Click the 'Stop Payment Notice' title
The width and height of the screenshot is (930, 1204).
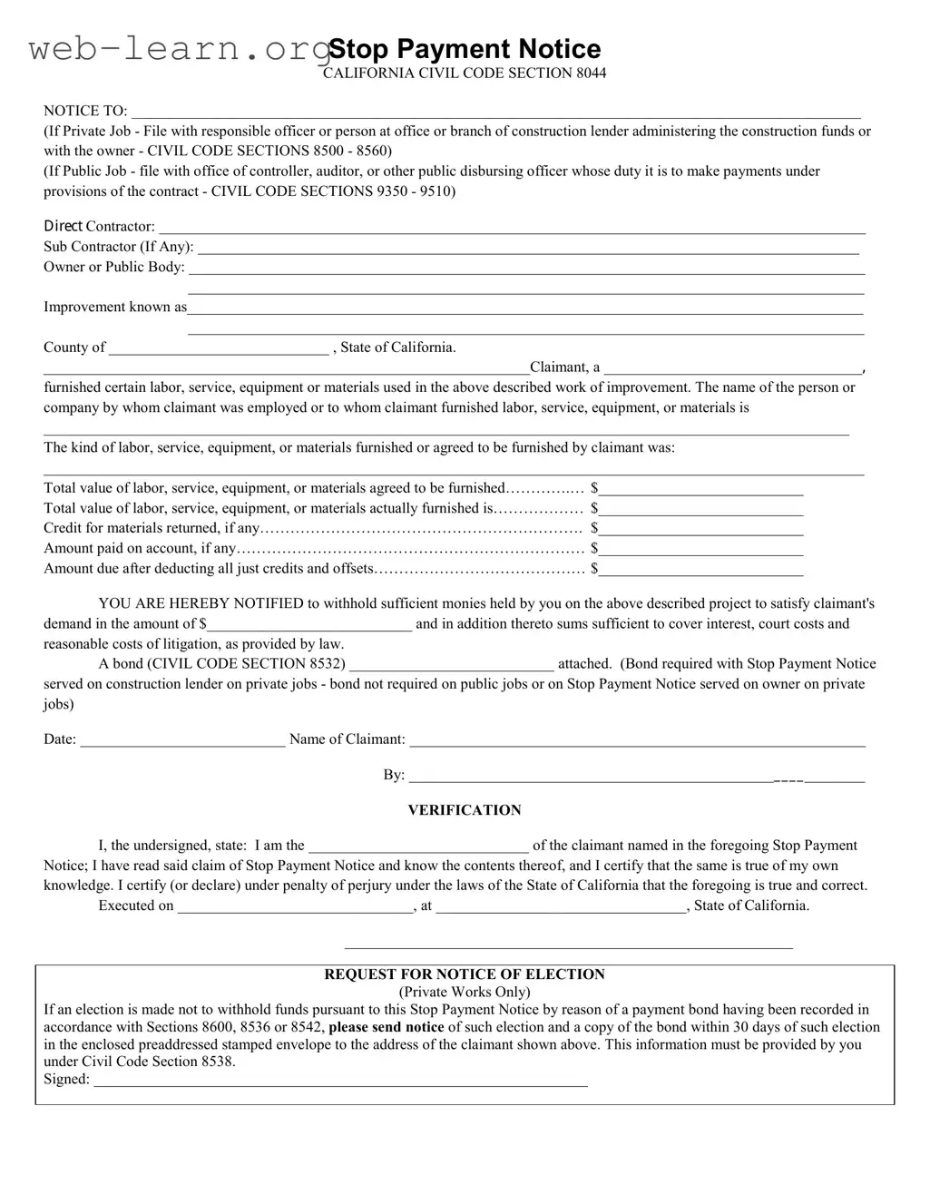tap(464, 49)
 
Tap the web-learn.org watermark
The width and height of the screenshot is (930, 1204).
tap(177, 49)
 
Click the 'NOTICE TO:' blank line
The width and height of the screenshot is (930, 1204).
tap(495, 113)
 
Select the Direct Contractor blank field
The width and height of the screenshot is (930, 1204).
tap(512, 228)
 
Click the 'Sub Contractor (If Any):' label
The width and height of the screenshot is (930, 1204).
tap(119, 247)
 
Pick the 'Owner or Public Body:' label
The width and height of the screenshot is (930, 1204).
tap(114, 267)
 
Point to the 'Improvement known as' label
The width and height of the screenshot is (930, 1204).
tap(115, 307)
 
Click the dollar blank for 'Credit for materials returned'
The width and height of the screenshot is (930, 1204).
tap(700, 530)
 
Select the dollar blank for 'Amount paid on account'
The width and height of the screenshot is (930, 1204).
tap(700, 550)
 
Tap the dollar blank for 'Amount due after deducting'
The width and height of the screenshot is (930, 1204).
tap(700, 570)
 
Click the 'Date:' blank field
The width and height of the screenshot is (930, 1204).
tap(182, 740)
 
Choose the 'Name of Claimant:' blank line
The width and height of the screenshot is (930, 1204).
tap(637, 740)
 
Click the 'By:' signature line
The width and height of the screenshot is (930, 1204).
tap(635, 777)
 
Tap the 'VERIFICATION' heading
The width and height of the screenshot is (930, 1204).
tap(465, 810)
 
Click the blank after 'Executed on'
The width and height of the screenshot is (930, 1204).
tap(296, 907)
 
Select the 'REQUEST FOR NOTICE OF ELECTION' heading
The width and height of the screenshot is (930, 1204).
tap(465, 974)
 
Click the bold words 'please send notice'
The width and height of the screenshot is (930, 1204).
tap(387, 1027)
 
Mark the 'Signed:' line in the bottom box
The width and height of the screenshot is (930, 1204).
tap(340, 1081)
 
